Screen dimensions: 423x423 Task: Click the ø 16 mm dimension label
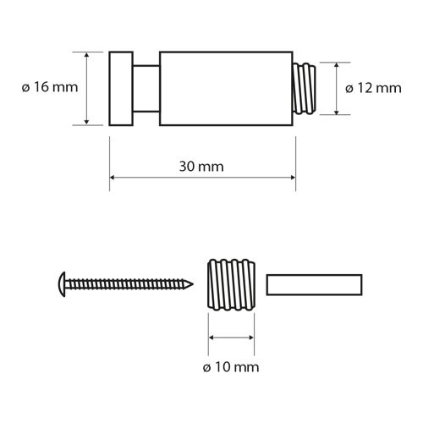point(50,87)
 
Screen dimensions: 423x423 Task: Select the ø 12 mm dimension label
point(373,88)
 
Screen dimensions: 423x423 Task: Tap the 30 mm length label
point(201,167)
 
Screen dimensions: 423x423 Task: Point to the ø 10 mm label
point(231,367)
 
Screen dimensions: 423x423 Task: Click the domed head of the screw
point(63,284)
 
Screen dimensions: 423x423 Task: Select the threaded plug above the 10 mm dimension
point(231,285)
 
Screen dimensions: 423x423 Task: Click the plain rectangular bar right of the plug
point(314,285)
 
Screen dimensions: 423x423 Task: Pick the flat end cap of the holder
point(121,89)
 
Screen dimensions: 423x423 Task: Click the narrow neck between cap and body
point(146,89)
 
